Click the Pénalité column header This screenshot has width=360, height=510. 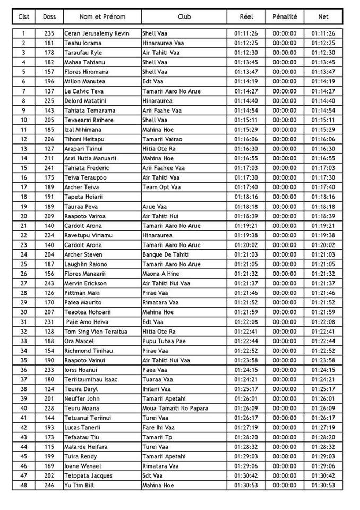pos(285,16)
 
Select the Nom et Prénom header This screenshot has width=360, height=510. pos(102,16)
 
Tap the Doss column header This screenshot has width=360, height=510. pos(49,16)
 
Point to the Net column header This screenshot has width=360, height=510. pos(323,16)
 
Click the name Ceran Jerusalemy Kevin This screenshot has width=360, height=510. pos(97,33)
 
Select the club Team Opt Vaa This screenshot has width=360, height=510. pos(161,187)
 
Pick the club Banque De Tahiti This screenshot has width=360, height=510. pos(165,254)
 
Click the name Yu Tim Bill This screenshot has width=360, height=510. pos(82,485)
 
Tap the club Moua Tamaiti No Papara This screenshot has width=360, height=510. pos(175,408)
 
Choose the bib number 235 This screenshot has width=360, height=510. pos(49,33)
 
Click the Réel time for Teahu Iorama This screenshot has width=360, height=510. pos(246,43)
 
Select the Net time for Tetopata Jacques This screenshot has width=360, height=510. pos(323,475)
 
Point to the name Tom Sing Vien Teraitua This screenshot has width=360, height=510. pos(96,331)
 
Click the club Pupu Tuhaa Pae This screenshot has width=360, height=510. pos(165,341)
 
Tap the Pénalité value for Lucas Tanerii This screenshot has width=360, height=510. pos(285,428)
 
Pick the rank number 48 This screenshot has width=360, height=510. pos(23,485)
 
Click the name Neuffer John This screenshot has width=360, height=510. pos(82,398)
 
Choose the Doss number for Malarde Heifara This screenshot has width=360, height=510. pos(49,447)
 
